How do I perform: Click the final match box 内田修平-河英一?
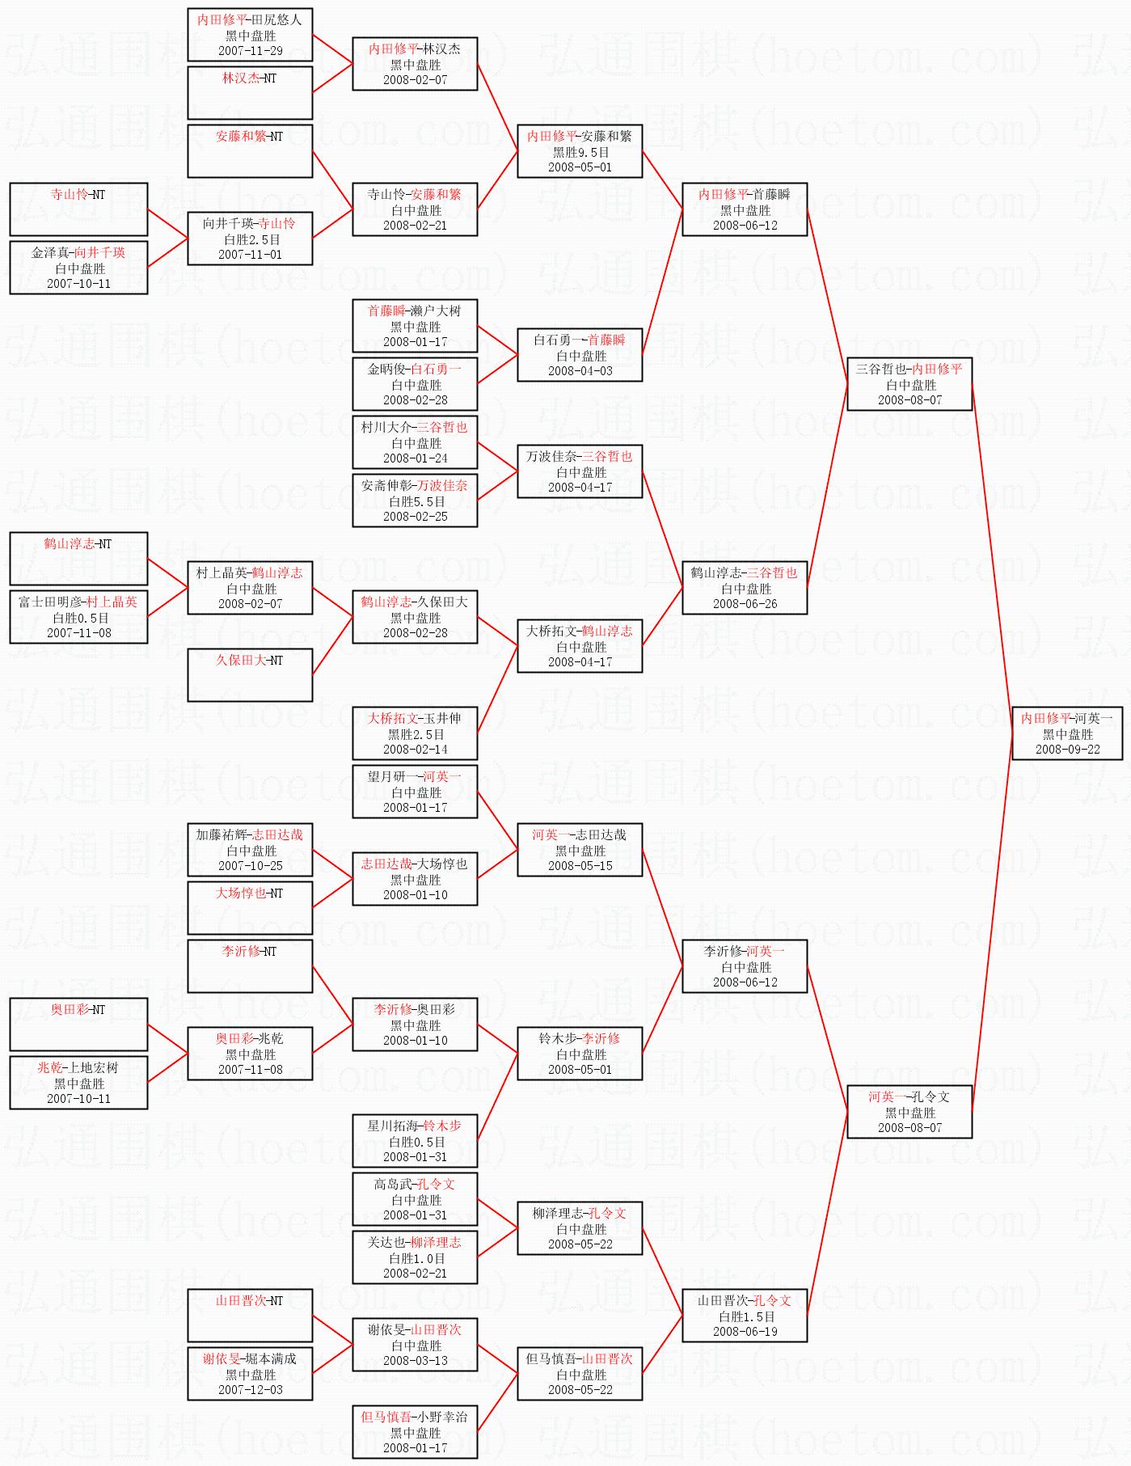pyautogui.click(x=1067, y=733)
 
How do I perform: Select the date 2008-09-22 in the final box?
pyautogui.click(x=1067, y=749)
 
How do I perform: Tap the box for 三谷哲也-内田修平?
pyautogui.click(x=909, y=384)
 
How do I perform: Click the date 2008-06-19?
pyautogui.click(x=745, y=1331)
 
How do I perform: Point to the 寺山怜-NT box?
pyautogui.click(x=78, y=209)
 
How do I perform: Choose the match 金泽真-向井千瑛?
pyautogui.click(x=78, y=267)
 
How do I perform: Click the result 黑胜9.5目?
pyautogui.click(x=580, y=152)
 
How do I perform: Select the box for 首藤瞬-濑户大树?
pyautogui.click(x=415, y=326)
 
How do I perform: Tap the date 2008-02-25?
pyautogui.click(x=415, y=516)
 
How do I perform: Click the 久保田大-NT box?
pyautogui.click(x=250, y=674)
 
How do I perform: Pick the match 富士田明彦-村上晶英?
pyautogui.click(x=78, y=616)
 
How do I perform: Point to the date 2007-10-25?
pyautogui.click(x=250, y=865)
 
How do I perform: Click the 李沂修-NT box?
pyautogui.click(x=250, y=965)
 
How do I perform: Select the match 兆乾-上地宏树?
pyautogui.click(x=78, y=1082)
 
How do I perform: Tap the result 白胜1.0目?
pyautogui.click(x=415, y=1258)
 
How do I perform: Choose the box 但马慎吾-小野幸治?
pyautogui.click(x=415, y=1431)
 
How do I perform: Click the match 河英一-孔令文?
pyautogui.click(x=909, y=1112)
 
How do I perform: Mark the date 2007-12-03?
pyautogui.click(x=250, y=1389)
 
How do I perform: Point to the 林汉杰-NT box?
pyautogui.click(x=250, y=92)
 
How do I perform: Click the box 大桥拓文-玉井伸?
pyautogui.click(x=415, y=733)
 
